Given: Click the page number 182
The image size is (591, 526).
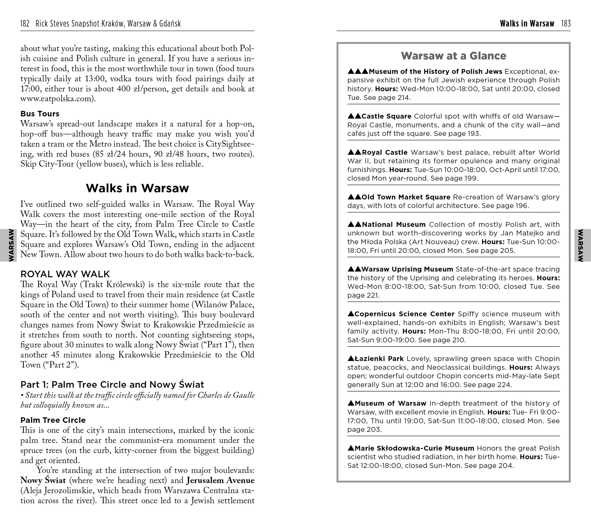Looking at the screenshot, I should (25, 24).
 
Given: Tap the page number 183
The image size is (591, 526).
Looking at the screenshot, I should (566, 24).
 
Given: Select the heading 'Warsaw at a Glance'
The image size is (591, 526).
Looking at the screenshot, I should (453, 56).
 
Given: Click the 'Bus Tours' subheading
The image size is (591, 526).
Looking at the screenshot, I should (40, 114).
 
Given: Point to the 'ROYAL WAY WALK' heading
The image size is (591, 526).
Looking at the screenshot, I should (65, 274).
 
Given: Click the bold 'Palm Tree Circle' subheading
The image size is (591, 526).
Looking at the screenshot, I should (53, 420).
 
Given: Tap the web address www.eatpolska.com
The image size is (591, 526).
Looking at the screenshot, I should (56, 99).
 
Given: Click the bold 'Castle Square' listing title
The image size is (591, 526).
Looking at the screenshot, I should (386, 116).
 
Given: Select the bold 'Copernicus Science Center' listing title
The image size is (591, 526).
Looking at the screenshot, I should (405, 314).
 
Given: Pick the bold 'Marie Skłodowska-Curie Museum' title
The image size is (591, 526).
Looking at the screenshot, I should (414, 448).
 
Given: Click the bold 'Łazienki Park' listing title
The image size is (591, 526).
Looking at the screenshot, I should (379, 359).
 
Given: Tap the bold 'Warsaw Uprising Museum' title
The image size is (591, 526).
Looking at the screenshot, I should (407, 269).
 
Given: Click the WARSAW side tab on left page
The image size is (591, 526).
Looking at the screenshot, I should (11, 245).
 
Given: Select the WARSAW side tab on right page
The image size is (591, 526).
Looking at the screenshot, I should (580, 245).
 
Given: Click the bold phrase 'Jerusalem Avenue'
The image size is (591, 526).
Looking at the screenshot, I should (220, 480).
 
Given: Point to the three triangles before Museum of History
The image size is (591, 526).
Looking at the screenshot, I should (358, 71).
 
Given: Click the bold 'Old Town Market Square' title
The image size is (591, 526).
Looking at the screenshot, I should (406, 197).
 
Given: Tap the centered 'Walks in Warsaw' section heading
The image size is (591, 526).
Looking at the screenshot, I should (137, 188).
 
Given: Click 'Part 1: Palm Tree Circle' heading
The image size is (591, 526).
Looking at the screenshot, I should (112, 384).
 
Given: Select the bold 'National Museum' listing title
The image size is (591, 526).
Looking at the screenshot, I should (393, 225).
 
